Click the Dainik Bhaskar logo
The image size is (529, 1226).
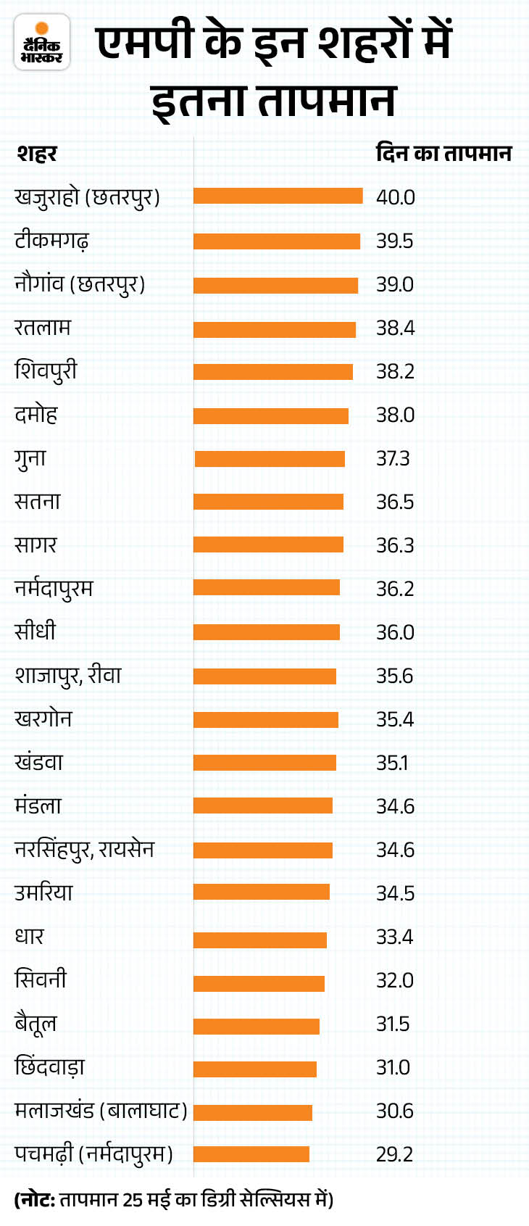point(42,43)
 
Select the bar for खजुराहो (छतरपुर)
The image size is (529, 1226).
point(278,196)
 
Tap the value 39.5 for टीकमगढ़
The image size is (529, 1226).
point(394,241)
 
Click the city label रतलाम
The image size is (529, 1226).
point(43,327)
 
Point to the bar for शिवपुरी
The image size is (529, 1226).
point(272,371)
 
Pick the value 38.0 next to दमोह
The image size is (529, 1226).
point(395,415)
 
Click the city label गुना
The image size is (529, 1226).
point(30,458)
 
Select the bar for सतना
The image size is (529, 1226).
point(268,502)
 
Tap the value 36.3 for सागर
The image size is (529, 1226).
point(395,545)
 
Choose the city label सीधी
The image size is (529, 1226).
point(35,631)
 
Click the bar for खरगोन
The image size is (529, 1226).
point(265,719)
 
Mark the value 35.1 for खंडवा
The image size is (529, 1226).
point(392,763)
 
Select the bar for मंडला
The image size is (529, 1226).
point(262,805)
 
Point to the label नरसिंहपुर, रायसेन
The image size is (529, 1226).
point(84,849)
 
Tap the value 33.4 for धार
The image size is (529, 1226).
point(394,937)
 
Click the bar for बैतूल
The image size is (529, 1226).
point(256,1026)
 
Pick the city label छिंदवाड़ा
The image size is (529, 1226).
point(50,1066)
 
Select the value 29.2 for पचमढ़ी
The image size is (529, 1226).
point(394,1154)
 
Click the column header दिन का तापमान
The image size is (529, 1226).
point(443,154)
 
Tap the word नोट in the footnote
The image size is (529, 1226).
point(36,1200)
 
